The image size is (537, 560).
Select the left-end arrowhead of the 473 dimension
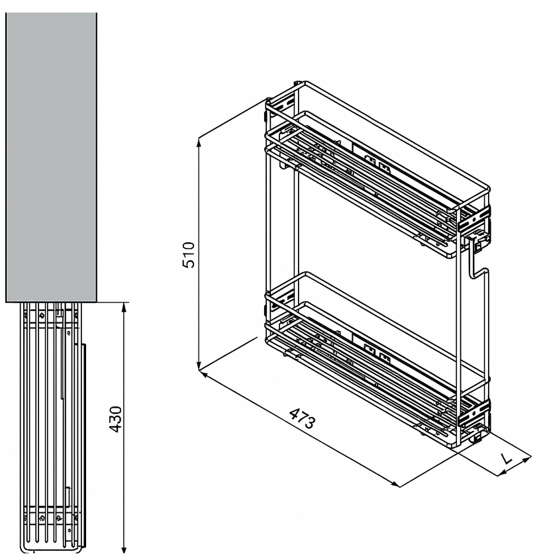pos(203,375)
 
